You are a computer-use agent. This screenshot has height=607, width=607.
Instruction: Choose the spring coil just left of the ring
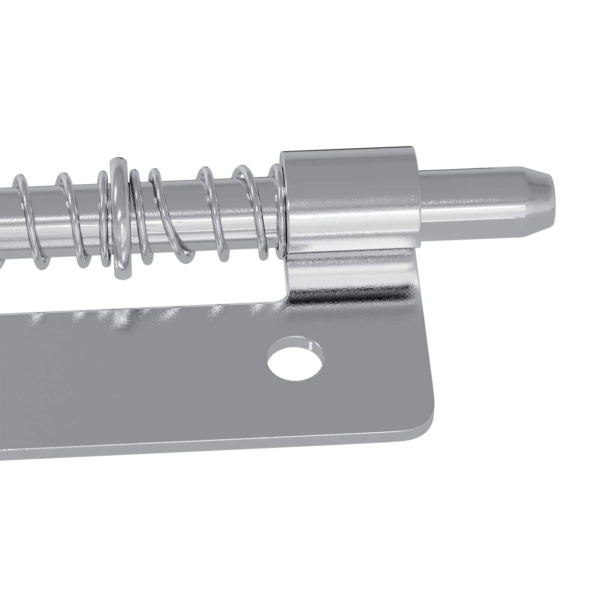[103, 218]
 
